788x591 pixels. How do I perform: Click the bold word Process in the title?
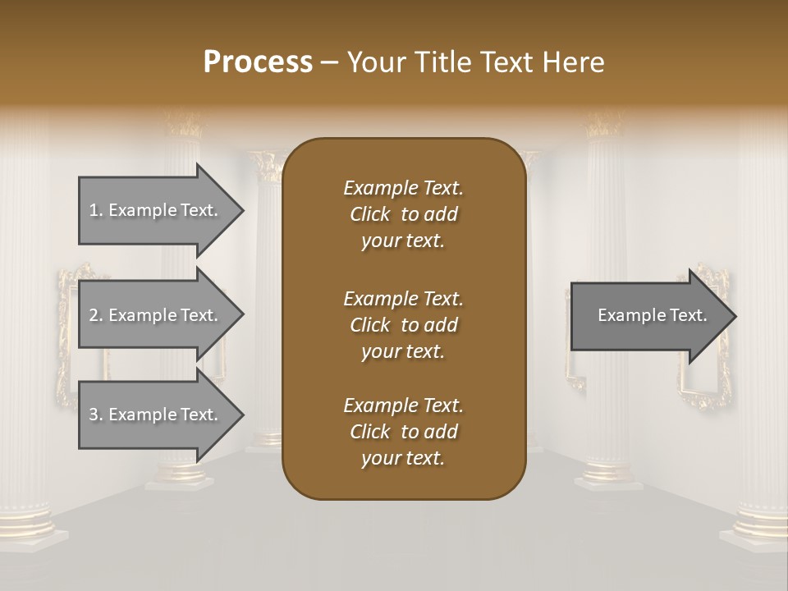tap(258, 62)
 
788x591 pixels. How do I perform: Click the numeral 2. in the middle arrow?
tap(95, 315)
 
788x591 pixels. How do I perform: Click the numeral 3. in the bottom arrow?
tap(95, 415)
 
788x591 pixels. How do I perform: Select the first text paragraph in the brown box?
tap(403, 214)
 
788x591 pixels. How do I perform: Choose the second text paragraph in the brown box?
tap(403, 324)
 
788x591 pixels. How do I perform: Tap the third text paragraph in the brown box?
tap(403, 432)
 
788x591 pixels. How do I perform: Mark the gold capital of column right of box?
tap(604, 125)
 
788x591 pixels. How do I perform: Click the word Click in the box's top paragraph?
tap(370, 214)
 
